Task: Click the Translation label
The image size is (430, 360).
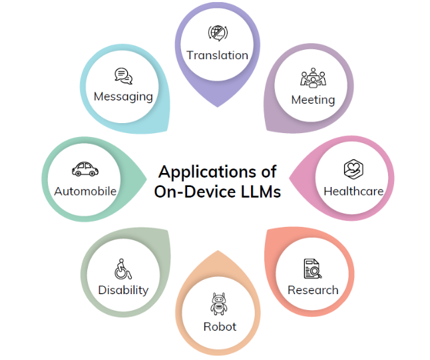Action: click(217, 55)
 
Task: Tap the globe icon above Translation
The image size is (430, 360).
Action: click(217, 33)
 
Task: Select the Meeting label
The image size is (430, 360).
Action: click(313, 100)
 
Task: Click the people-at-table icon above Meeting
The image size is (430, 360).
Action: click(313, 78)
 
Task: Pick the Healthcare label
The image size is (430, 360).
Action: click(353, 191)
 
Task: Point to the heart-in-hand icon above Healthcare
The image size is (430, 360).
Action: click(353, 169)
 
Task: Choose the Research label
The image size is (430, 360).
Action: click(313, 290)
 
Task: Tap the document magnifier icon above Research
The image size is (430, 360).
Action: click(312, 268)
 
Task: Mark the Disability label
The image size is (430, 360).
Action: click(123, 290)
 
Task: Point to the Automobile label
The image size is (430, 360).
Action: click(85, 192)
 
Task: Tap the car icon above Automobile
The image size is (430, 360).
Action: click(85, 169)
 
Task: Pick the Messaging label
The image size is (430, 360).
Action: click(123, 96)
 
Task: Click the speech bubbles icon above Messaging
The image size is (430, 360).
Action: click(123, 76)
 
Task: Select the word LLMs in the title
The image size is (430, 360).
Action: click(258, 192)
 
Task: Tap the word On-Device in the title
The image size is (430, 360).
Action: click(192, 192)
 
